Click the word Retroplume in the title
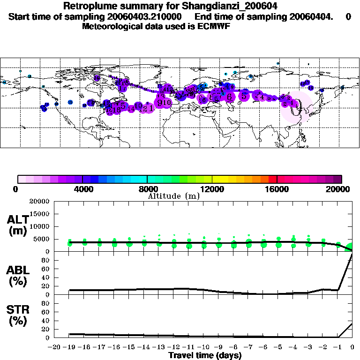[x=87, y=7]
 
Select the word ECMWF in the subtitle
[x=214, y=26]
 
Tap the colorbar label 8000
[x=147, y=189]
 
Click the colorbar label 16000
[x=277, y=189]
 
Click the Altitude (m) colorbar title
[x=174, y=196]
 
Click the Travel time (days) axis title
[x=205, y=356]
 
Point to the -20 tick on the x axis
[x=55, y=347]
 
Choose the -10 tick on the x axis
[x=204, y=347]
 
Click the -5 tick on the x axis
[x=278, y=347]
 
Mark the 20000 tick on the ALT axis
[x=40, y=202]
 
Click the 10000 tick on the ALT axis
[x=40, y=226]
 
